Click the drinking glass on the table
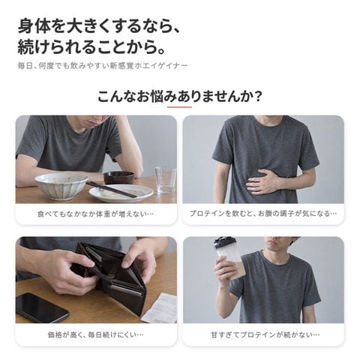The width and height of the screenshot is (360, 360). click(166, 179)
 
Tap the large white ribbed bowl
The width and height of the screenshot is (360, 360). click(61, 186)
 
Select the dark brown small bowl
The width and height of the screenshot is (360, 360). click(118, 177)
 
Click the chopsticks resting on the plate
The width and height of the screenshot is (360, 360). click(112, 189)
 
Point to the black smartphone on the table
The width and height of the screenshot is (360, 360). click(41, 308)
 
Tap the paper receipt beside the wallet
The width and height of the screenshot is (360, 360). click(160, 308)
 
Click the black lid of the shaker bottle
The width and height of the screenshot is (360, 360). click(224, 242)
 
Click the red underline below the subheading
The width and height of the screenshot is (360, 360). click(179, 107)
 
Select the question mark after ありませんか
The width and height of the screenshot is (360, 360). click(256, 97)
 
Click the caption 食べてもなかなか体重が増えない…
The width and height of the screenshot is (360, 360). click(95, 214)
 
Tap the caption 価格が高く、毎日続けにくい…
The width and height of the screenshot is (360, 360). click(95, 334)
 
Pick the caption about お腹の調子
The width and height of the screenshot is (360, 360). click(263, 214)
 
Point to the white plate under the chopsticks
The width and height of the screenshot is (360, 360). click(121, 193)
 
